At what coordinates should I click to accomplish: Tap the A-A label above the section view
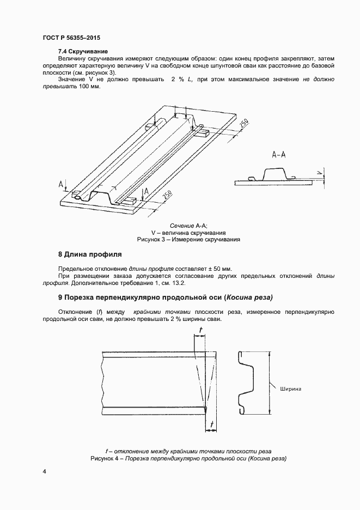pos(279,155)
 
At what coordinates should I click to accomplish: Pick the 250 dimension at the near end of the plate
pos(167,195)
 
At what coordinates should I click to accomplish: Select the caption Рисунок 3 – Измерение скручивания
pos(188,239)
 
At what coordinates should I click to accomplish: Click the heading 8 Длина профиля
pos(89,254)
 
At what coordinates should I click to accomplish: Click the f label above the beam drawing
pos(201,330)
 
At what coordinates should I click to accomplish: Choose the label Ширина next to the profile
pos(290,389)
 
